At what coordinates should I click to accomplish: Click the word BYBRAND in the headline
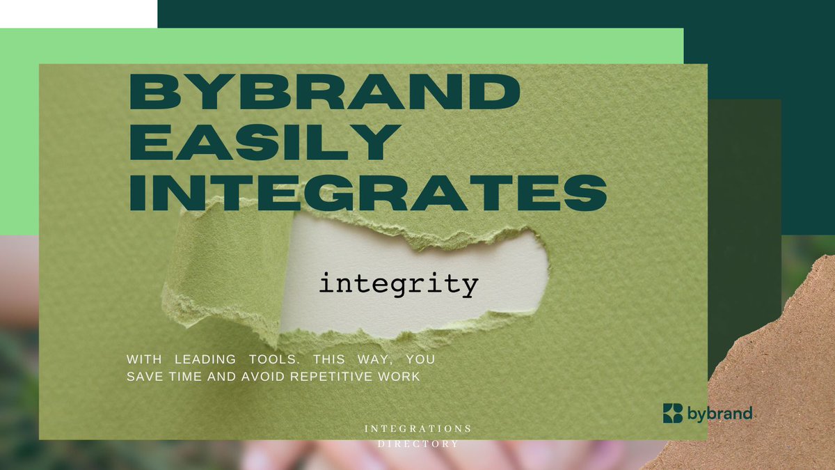click(324, 93)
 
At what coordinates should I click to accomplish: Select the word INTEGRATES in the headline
click(368, 194)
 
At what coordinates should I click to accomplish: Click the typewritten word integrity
click(399, 285)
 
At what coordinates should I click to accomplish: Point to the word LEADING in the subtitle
click(205, 361)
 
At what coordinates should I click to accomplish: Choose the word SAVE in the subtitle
click(141, 377)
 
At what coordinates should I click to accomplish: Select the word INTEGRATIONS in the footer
click(417, 428)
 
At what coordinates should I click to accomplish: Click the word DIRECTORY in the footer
click(417, 444)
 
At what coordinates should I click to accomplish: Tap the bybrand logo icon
click(673, 413)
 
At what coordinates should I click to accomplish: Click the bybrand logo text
click(720, 414)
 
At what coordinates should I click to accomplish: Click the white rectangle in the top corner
click(78, 13)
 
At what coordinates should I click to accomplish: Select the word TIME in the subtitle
click(186, 377)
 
